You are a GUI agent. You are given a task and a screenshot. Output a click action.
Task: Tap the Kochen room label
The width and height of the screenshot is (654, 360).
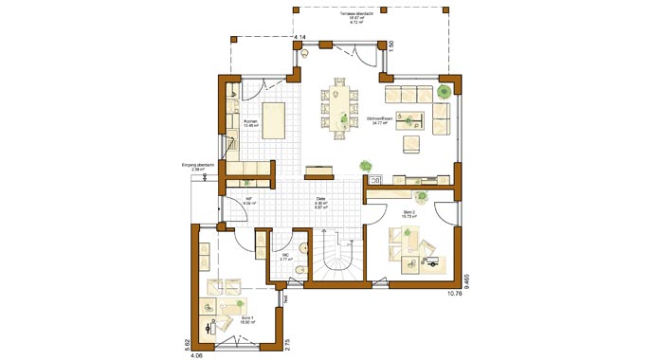pos(250,124)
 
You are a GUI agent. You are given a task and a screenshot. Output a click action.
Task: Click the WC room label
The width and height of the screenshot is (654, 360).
pos(284,256)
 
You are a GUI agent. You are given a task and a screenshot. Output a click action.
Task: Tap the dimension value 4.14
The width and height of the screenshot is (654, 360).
pos(300,36)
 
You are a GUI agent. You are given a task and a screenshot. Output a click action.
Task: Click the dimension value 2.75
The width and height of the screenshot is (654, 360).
pos(286,345)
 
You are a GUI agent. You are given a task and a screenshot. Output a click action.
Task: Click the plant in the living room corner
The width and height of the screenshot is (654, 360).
pos(444,92)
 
